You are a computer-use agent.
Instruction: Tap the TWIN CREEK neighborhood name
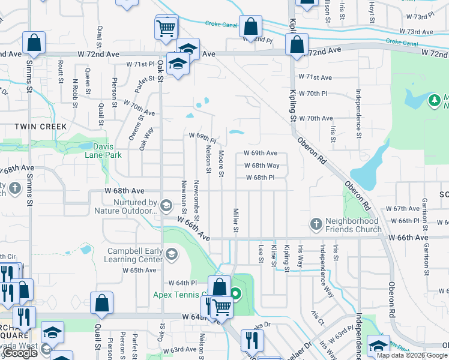click(41, 127)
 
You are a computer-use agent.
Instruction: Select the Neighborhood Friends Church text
click(353, 225)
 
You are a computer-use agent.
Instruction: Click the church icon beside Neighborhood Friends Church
click(317, 224)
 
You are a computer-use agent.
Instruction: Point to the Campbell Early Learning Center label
click(135, 255)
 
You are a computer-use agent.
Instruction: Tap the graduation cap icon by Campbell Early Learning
click(171, 256)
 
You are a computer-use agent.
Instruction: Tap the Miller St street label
click(236, 221)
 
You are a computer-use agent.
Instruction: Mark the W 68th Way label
click(261, 166)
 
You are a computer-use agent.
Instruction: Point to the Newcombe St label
click(197, 198)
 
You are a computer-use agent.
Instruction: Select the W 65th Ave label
click(139, 271)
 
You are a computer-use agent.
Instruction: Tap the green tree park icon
click(434, 100)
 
